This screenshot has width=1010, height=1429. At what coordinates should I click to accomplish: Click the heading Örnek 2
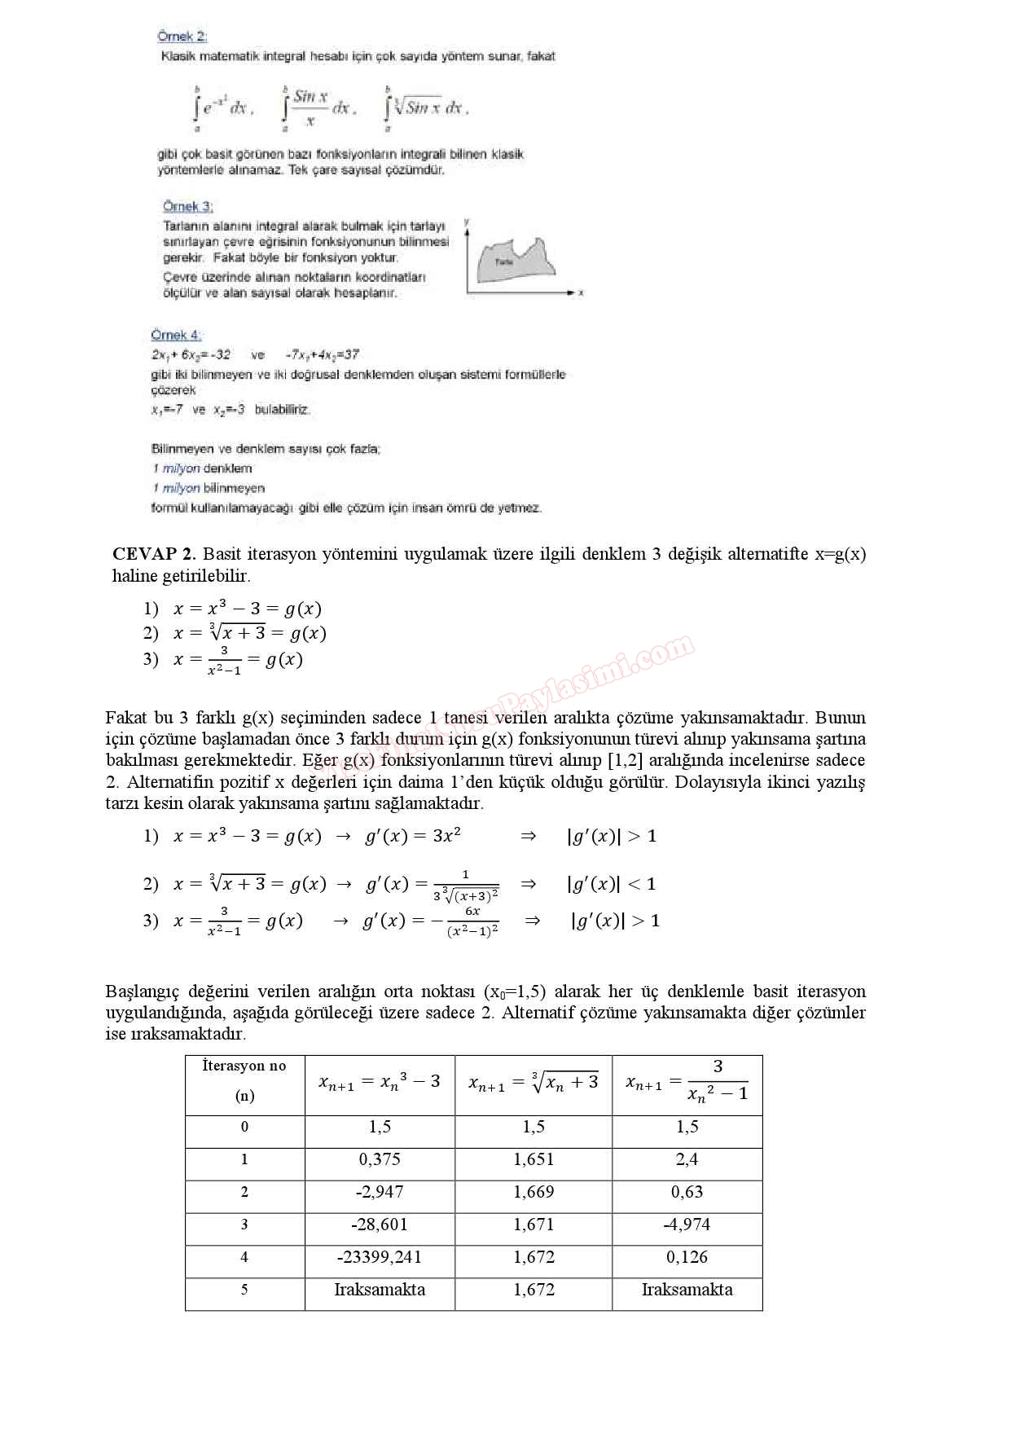click(x=182, y=37)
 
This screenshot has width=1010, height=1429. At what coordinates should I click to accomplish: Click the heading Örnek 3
click(x=187, y=206)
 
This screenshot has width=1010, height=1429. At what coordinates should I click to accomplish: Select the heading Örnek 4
click(x=176, y=335)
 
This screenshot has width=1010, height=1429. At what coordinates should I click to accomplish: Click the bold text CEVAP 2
click(x=154, y=554)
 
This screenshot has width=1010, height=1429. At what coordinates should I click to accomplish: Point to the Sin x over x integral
click(x=317, y=108)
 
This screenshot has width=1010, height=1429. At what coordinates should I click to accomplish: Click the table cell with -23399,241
click(x=380, y=1257)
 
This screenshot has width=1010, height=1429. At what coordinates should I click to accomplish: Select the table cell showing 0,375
click(x=380, y=1159)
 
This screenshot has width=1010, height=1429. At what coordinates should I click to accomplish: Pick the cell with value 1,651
click(x=534, y=1159)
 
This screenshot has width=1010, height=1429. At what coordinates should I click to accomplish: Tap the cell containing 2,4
click(x=687, y=1159)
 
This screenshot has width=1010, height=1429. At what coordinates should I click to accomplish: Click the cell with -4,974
click(x=687, y=1225)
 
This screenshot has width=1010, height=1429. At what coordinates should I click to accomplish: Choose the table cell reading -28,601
click(x=380, y=1225)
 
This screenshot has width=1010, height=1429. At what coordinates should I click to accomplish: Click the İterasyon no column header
click(x=244, y=1080)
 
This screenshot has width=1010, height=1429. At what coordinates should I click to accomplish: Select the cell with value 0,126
click(x=687, y=1257)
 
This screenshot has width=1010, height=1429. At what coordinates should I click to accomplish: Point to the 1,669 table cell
click(x=534, y=1192)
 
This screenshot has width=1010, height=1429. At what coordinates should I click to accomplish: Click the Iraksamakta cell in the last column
click(x=687, y=1290)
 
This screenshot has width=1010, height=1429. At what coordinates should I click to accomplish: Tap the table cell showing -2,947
click(x=380, y=1192)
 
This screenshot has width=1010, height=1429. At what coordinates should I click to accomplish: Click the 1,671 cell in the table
click(x=534, y=1225)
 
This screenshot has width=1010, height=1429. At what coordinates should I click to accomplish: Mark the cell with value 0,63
click(x=687, y=1192)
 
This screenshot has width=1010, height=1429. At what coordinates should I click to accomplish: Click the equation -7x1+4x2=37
click(x=322, y=354)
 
